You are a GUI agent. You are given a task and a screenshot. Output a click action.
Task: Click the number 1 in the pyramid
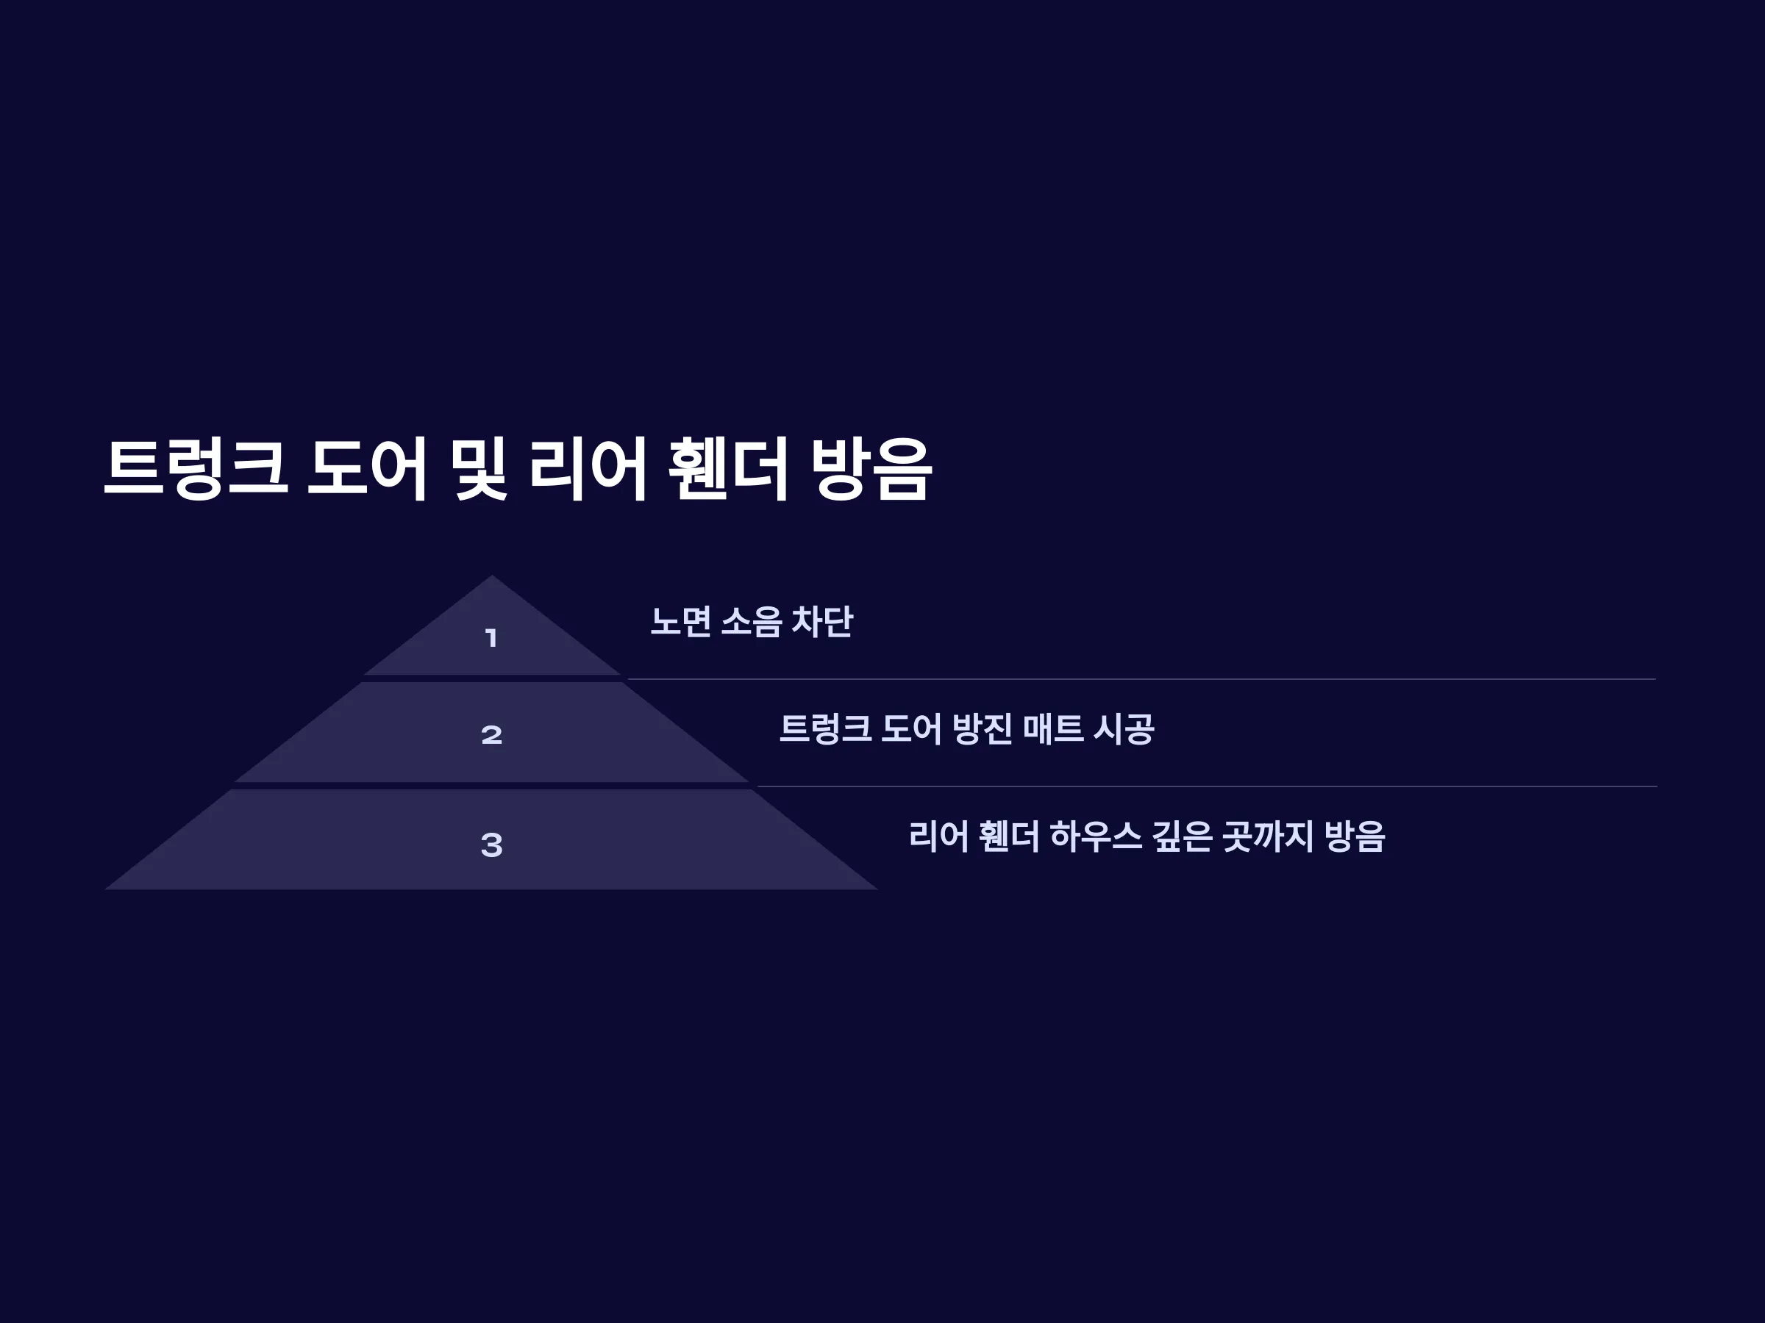tap(491, 638)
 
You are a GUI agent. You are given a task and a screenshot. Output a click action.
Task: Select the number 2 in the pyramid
tap(491, 734)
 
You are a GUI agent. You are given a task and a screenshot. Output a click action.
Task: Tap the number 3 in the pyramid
tap(491, 845)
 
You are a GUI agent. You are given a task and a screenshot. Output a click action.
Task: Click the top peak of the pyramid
tap(491, 576)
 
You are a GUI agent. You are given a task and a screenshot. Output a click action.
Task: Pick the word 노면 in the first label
tap(680, 621)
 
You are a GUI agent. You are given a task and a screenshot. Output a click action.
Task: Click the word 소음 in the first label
tap(751, 621)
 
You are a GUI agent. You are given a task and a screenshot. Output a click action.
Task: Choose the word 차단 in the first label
tap(822, 621)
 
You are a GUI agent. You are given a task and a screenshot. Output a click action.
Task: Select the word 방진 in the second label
tap(983, 729)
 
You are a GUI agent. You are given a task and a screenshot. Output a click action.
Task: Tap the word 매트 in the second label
tap(1053, 729)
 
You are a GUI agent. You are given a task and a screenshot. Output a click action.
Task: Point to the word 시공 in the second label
tap(1124, 729)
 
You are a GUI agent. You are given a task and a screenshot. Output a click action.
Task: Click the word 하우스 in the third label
tap(1096, 836)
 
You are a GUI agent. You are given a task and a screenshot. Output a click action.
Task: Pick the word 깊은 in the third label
tap(1182, 836)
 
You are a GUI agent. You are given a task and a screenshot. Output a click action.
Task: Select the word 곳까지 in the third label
tap(1268, 836)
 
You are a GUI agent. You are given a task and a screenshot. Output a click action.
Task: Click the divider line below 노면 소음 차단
tap(1142, 679)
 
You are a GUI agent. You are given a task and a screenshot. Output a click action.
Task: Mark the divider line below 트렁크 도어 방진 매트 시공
tap(1207, 786)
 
